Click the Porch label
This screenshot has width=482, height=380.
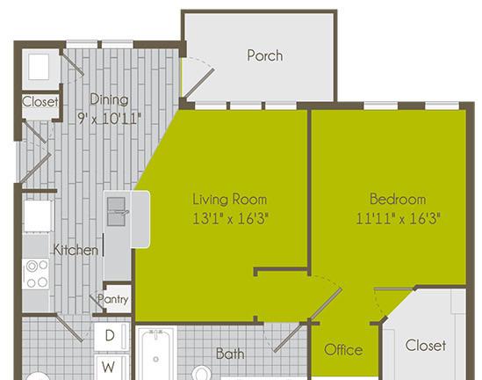[264, 55]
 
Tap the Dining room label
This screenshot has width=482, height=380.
[109, 99]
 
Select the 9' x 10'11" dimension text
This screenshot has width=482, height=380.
[110, 118]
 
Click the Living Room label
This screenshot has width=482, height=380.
[230, 200]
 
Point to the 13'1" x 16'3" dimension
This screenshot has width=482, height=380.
[231, 219]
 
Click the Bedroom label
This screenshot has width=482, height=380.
[398, 199]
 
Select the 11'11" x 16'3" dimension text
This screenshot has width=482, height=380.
[398, 219]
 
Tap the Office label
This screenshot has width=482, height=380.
[343, 350]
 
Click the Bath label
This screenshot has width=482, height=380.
[230, 354]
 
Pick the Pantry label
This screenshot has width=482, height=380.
[112, 299]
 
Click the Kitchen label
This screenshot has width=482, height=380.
[76, 250]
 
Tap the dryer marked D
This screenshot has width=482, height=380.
[111, 336]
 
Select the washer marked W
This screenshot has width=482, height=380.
[111, 367]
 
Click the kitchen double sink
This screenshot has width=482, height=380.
[116, 212]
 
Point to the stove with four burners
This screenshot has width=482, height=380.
[35, 274]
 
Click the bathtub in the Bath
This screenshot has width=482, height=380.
[156, 354]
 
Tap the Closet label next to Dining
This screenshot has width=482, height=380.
[40, 102]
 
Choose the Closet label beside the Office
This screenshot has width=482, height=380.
[426, 345]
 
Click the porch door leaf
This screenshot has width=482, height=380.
[198, 84]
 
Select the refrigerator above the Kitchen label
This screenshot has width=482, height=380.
[38, 216]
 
